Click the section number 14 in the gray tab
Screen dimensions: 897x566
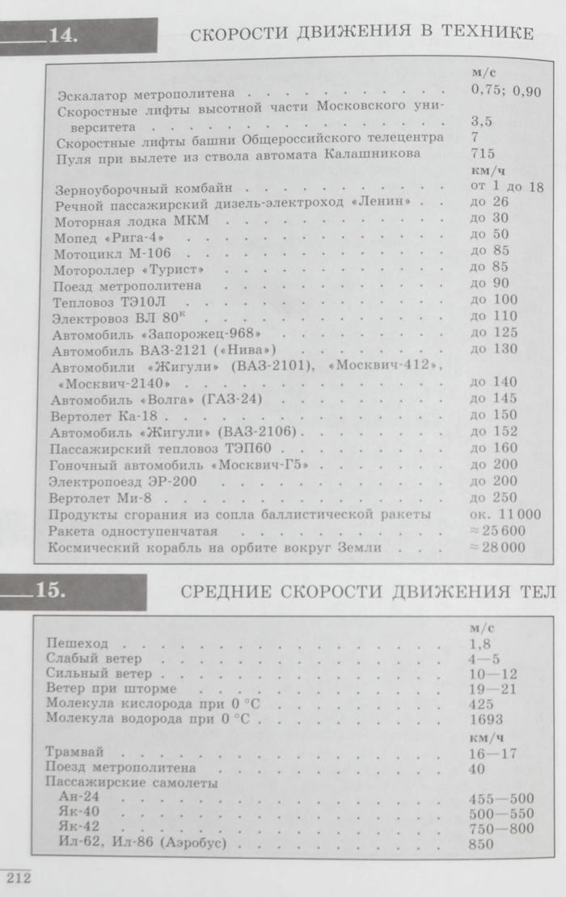click(62, 34)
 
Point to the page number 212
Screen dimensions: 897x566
click(17, 878)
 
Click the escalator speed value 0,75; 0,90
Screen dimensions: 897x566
click(506, 91)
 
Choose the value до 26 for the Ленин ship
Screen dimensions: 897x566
click(488, 202)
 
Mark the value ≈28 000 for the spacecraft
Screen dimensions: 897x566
click(496, 548)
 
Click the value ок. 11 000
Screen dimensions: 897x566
click(505, 514)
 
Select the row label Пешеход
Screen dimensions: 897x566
click(78, 644)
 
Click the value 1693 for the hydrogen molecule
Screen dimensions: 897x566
click(486, 719)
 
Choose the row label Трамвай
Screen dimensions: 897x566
click(74, 752)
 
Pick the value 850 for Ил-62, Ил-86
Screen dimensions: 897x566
click(483, 844)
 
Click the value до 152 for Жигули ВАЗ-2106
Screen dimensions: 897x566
click(492, 431)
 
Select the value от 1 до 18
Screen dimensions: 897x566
click(506, 186)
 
